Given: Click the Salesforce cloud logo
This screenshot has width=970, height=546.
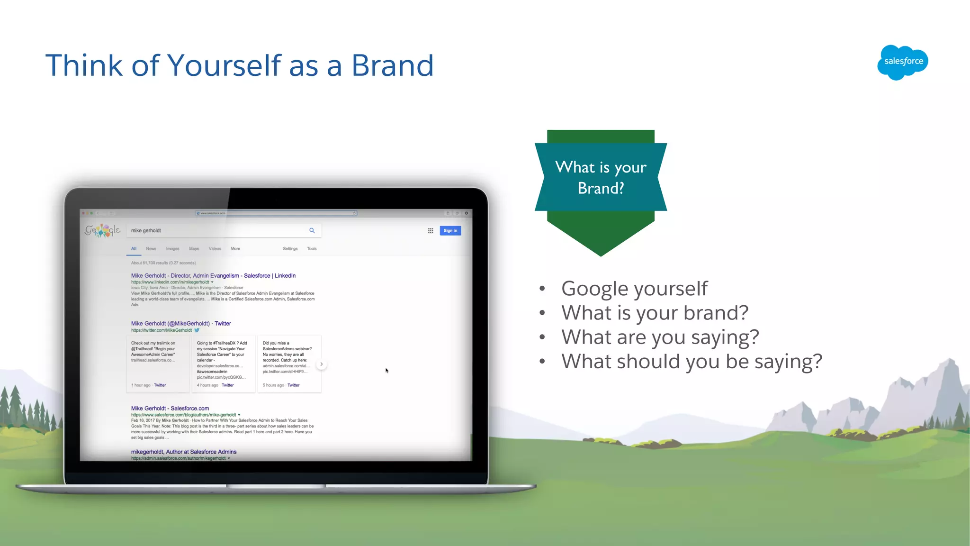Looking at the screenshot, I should coord(903,62).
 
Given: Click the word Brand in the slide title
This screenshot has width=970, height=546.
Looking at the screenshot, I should coord(392,65).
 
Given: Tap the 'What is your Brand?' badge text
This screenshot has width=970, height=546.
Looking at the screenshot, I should coord(601,177).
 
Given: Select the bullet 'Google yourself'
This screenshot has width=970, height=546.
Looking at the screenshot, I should coord(634,289).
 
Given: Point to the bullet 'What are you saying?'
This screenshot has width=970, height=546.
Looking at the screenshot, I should coord(660,337).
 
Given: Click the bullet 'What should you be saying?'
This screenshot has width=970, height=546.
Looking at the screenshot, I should coord(692,362).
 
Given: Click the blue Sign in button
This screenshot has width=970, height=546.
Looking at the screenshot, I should coord(450,231).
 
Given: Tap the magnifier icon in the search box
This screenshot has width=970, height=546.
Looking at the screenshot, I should coord(312,230).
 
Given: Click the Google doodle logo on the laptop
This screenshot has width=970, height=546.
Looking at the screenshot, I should coord(103,230).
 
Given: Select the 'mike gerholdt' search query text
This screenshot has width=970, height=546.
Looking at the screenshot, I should coord(146,231).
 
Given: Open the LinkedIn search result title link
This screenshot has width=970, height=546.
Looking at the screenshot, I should coord(213,276).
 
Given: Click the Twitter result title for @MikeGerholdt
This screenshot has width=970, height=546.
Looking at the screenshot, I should coord(181,324).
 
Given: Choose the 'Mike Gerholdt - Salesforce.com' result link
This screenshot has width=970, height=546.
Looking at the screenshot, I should coord(170,409).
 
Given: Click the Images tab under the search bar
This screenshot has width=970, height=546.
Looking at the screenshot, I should coord(172,249).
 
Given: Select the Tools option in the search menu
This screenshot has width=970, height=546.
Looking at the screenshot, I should coord(312,249).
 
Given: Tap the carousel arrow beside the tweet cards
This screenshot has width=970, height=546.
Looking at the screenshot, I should coord(322,364).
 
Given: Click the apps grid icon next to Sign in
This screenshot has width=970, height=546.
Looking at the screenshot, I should coord(431,231).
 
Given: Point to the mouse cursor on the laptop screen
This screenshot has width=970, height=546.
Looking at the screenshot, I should coord(386,370).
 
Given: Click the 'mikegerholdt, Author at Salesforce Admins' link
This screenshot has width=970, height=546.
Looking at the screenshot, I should coord(184,452).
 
